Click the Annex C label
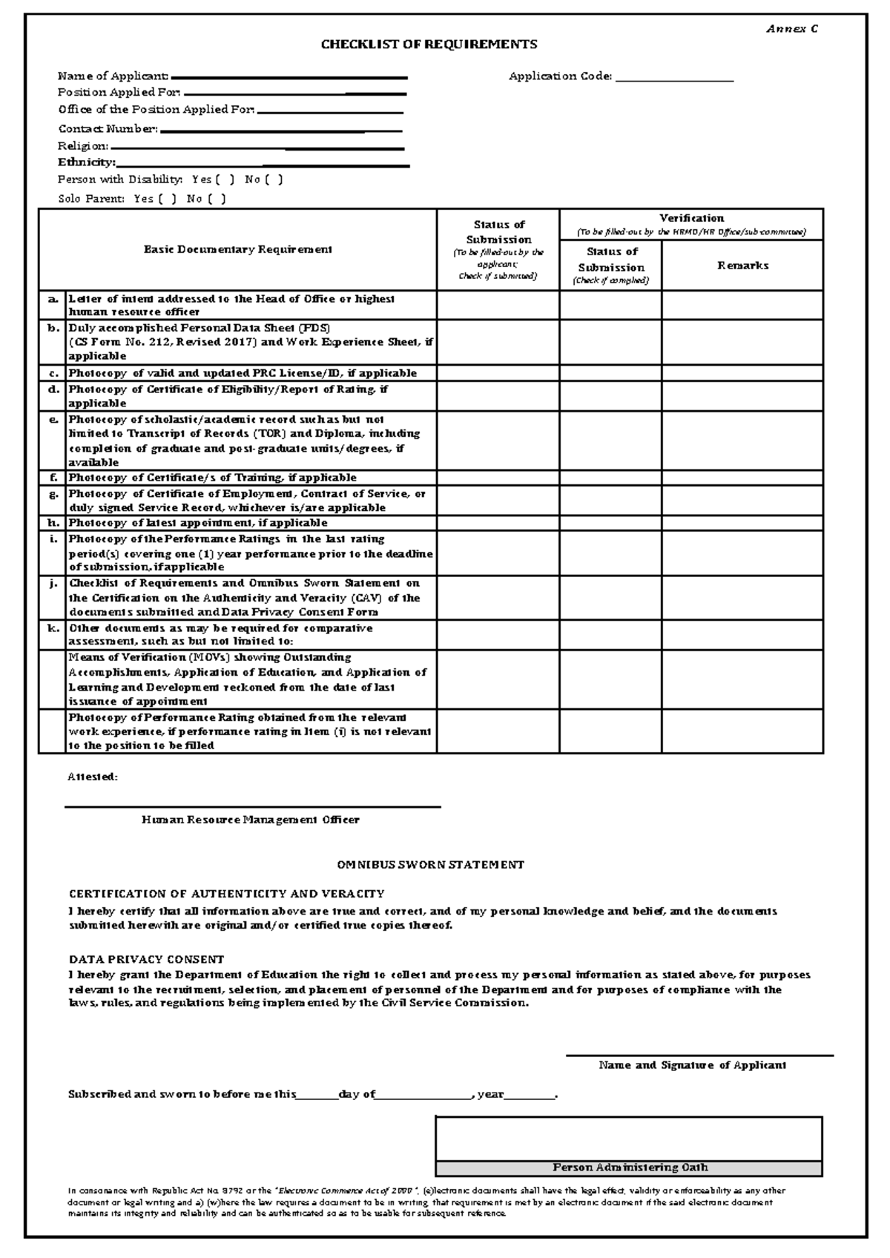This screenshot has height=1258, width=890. [792, 29]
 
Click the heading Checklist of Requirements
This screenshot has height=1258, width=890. [429, 45]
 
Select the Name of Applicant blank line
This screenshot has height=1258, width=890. [289, 77]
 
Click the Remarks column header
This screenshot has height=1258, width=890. [742, 266]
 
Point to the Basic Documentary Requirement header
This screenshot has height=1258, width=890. [237, 250]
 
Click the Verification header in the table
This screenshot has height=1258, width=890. [691, 218]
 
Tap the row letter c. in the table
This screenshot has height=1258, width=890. [53, 373]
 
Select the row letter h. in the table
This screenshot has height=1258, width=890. [53, 523]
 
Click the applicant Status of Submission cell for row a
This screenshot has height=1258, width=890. [498, 305]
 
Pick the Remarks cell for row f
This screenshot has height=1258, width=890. [742, 478]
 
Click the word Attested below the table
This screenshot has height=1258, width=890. [93, 777]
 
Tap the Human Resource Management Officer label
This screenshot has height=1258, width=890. [251, 820]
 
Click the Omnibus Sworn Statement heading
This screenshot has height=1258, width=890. [430, 865]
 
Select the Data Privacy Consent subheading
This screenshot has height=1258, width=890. [146, 959]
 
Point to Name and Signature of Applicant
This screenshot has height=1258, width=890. [692, 1065]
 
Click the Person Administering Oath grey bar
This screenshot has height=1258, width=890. [629, 1168]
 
